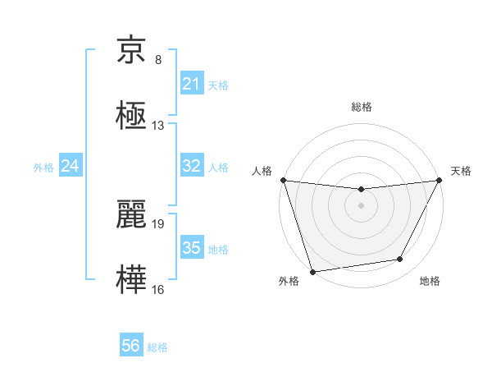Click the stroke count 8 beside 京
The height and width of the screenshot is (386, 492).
158,60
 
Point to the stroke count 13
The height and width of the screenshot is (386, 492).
158,126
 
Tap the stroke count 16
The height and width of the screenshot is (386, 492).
158,289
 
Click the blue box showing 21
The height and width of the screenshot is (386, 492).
191,84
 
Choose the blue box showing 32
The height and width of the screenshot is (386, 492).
191,166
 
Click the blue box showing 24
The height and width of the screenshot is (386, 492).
71,166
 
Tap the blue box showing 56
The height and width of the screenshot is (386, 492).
131,346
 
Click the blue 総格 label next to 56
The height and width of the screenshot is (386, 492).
157,347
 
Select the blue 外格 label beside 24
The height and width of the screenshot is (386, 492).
43,168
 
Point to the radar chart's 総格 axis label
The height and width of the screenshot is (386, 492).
362,108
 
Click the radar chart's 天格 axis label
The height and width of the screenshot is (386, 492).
461,171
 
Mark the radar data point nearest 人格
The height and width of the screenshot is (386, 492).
283,180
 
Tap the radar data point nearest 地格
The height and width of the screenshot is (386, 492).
400,260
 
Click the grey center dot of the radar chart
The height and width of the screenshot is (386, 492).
362,205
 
